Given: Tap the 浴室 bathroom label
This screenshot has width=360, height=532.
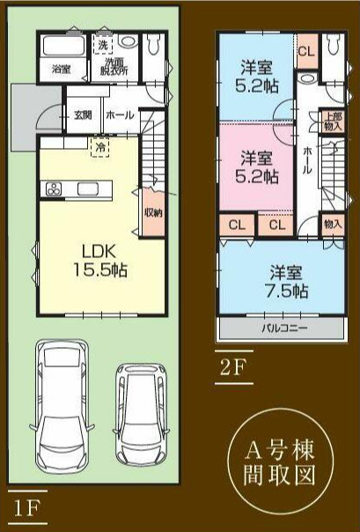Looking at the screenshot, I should [61, 68].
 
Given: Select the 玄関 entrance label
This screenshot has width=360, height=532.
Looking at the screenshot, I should [83, 115].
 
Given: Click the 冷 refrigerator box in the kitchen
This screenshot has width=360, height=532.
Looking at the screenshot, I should [101, 148].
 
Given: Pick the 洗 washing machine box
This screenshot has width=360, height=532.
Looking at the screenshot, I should [104, 44].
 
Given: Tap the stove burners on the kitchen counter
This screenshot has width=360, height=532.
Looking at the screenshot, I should [53, 189].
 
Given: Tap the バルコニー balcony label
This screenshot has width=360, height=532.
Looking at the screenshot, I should [283, 328].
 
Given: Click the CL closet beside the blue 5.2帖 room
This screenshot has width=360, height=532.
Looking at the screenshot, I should [306, 50].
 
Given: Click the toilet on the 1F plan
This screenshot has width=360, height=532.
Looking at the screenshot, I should [155, 44].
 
